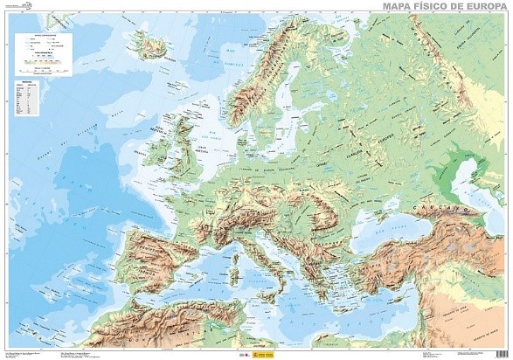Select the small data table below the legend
click(26, 100)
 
